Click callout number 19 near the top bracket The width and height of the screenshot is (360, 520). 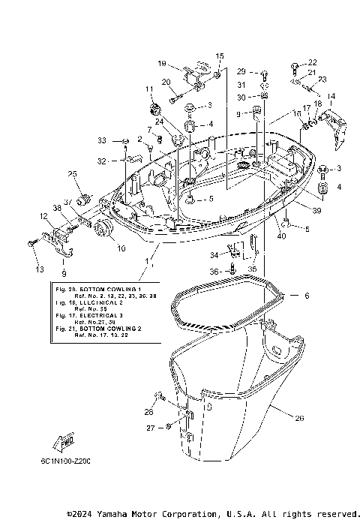tap(162, 64)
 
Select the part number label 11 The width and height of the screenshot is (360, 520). tap(149, 89)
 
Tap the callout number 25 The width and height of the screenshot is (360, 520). tap(73, 175)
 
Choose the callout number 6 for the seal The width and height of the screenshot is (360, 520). tap(284, 296)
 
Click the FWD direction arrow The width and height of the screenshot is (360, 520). tap(62, 444)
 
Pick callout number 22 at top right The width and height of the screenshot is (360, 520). tap(313, 62)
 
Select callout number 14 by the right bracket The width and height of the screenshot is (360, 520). tap(331, 96)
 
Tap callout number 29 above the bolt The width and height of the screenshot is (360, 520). tap(241, 71)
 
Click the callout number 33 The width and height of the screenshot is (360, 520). tap(102, 141)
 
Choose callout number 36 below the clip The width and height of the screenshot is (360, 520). tap(213, 272)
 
